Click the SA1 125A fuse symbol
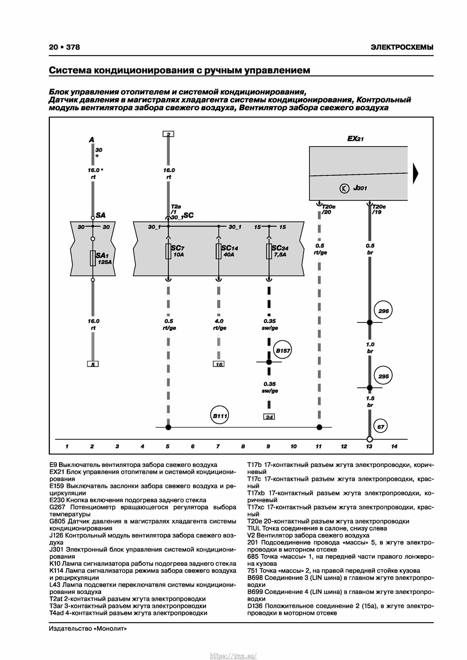[x=93, y=258]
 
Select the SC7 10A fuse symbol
[x=168, y=251]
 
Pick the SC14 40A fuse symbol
[x=219, y=251]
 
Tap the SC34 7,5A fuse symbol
[x=269, y=251]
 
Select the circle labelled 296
[x=383, y=311]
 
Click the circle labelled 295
[x=383, y=376]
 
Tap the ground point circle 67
[x=380, y=427]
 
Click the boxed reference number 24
[x=269, y=417]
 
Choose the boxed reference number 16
[x=219, y=364]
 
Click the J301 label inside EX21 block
[x=360, y=188]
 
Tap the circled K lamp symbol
[x=344, y=188]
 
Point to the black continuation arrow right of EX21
[x=415, y=173]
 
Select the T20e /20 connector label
[x=328, y=209]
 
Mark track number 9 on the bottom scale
[x=268, y=446]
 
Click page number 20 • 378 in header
[x=64, y=47]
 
